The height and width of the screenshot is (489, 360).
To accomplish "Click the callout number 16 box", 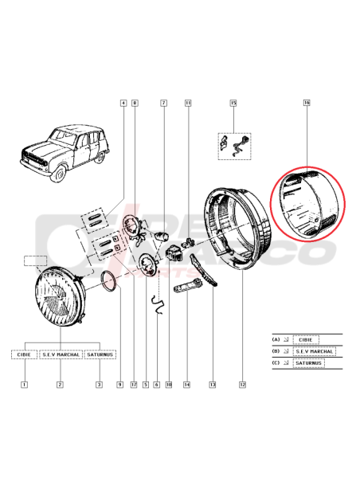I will click(307, 103).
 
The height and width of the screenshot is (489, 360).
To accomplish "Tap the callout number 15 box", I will click(233, 104).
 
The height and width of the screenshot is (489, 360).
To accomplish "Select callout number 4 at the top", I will click(123, 103).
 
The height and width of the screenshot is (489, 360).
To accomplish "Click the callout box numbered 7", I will click(163, 103).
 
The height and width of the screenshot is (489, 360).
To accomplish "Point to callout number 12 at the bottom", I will click(241, 385).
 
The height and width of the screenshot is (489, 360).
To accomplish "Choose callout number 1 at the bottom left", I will click(25, 385).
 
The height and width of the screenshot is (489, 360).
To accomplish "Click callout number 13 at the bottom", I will click(213, 385).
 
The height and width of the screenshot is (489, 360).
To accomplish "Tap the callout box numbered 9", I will click(119, 385).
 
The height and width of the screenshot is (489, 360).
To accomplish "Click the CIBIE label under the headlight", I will click(25, 354).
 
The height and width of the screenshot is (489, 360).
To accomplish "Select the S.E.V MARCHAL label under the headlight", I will click(61, 354).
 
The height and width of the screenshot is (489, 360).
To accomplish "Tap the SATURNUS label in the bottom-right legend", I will click(311, 362).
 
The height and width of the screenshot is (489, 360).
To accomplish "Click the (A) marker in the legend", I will click(276, 339).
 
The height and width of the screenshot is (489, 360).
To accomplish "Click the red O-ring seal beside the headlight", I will click(110, 280).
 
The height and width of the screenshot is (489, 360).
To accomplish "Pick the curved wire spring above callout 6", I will click(158, 303).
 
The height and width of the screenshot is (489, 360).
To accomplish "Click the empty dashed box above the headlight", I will click(37, 260).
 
